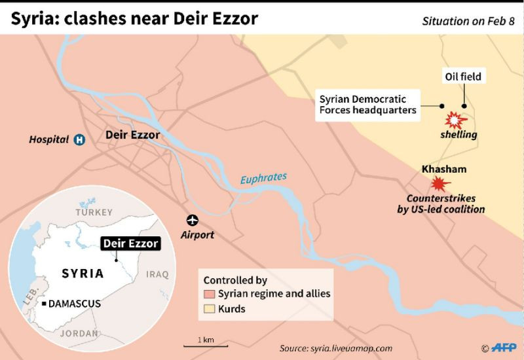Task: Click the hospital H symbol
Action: click(79, 139)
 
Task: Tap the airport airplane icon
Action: click(193, 220)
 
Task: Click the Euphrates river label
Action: click(263, 177)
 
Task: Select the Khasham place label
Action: click(444, 169)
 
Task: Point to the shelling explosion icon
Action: click(454, 120)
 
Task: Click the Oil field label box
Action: click(463, 77)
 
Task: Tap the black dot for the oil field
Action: click(464, 105)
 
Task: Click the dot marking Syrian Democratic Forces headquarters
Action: click(442, 105)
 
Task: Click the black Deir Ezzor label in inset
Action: click(130, 243)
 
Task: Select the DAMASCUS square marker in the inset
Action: click(43, 304)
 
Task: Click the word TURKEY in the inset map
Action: click(94, 213)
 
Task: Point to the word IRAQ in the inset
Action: click(158, 274)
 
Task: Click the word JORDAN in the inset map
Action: click(79, 333)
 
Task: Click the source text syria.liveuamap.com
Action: click(335, 348)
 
